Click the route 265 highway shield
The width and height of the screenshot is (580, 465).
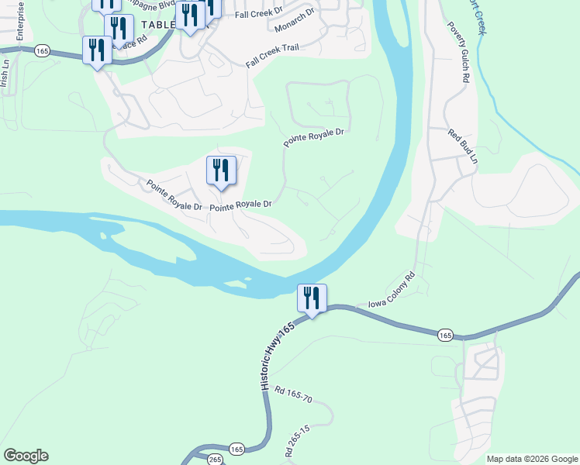pos(215,460)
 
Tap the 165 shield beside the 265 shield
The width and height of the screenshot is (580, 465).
pos(236,449)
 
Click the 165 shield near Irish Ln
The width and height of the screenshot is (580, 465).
pos(42,50)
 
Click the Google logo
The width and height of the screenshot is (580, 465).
pos(26,456)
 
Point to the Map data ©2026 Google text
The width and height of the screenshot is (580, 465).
pos(531,459)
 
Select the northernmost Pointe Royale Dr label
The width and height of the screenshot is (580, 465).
pos(313,136)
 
